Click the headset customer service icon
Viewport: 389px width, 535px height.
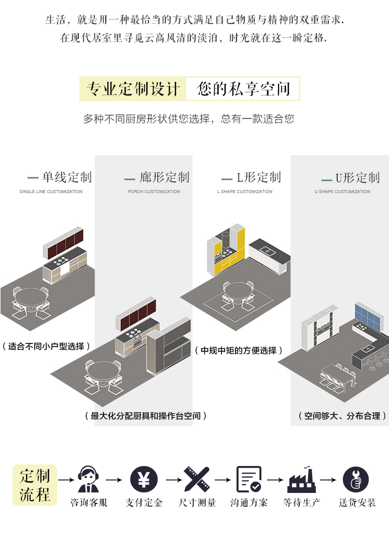pyautogui.click(x=89, y=479)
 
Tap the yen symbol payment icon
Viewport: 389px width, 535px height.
pyautogui.click(x=144, y=479)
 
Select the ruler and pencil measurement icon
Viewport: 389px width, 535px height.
pyautogui.click(x=197, y=479)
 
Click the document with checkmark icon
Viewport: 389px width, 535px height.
pyautogui.click(x=249, y=479)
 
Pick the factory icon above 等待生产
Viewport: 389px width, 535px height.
pyautogui.click(x=301, y=480)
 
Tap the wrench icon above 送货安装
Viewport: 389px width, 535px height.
pyautogui.click(x=356, y=479)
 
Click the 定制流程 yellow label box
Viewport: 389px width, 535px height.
pyautogui.click(x=35, y=485)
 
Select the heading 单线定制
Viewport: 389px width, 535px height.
pyautogui.click(x=66, y=177)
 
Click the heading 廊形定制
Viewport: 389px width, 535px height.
pyautogui.click(x=164, y=177)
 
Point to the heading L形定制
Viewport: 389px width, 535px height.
pyautogui.click(x=258, y=177)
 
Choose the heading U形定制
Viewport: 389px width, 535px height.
pyautogui.click(x=357, y=178)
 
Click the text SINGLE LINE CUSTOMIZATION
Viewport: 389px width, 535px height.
pyautogui.click(x=51, y=191)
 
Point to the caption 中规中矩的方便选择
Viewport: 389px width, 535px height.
pyautogui.click(x=239, y=351)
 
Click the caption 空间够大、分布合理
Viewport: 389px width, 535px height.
pyautogui.click(x=342, y=416)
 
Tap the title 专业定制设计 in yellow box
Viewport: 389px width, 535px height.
pyautogui.click(x=132, y=89)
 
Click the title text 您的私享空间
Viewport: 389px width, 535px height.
pyautogui.click(x=243, y=89)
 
